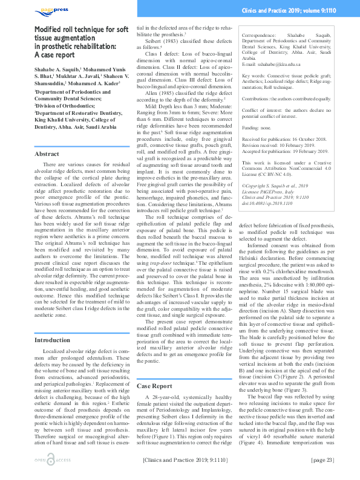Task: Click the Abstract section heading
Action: coord(47,154)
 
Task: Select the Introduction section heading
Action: coord(52,340)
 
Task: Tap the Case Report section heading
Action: coord(154,386)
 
